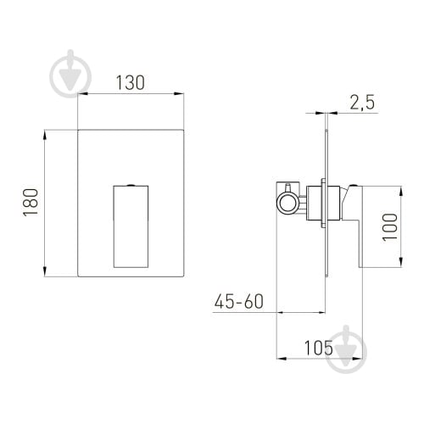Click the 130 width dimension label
pos(131,82)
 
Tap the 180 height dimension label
pos(31,203)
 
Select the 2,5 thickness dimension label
pos(362,103)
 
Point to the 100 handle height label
pos(390,227)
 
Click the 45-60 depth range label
pos(239,301)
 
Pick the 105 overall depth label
pos(319,348)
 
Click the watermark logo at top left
pos(70,74)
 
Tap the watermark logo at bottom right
pos(346,349)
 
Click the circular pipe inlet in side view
pos(287,204)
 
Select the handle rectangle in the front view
pos(131,226)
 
